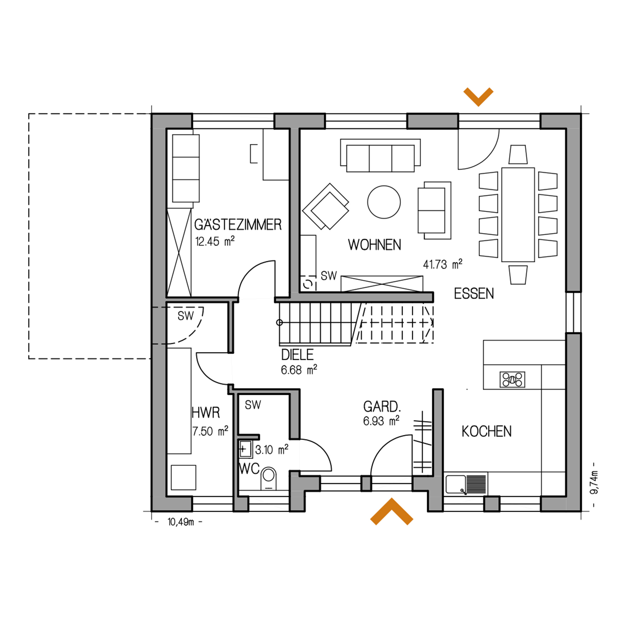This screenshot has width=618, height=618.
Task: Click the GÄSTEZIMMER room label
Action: pos(238,225)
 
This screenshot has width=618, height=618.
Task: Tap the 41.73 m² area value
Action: pos(443,264)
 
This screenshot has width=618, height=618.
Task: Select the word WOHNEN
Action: pos(375,245)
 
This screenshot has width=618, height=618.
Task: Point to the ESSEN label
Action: pos(474,293)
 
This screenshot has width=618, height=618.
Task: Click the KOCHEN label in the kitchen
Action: pos(487,431)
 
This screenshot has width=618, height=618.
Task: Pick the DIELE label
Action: pos(298,355)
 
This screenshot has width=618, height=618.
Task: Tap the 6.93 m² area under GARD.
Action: pos(381,421)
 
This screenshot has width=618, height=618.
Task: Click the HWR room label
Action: pos(206,413)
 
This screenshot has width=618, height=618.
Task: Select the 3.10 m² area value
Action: pos(272,449)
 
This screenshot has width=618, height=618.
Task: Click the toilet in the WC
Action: pos(269,479)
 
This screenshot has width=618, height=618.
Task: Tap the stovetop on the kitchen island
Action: pos(512,379)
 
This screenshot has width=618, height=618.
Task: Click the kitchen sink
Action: pos(466,484)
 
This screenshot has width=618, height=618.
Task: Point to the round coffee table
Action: pos(384,202)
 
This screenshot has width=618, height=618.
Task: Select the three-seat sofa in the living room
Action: pos(380,155)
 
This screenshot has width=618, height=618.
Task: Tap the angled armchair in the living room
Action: pos(326,206)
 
